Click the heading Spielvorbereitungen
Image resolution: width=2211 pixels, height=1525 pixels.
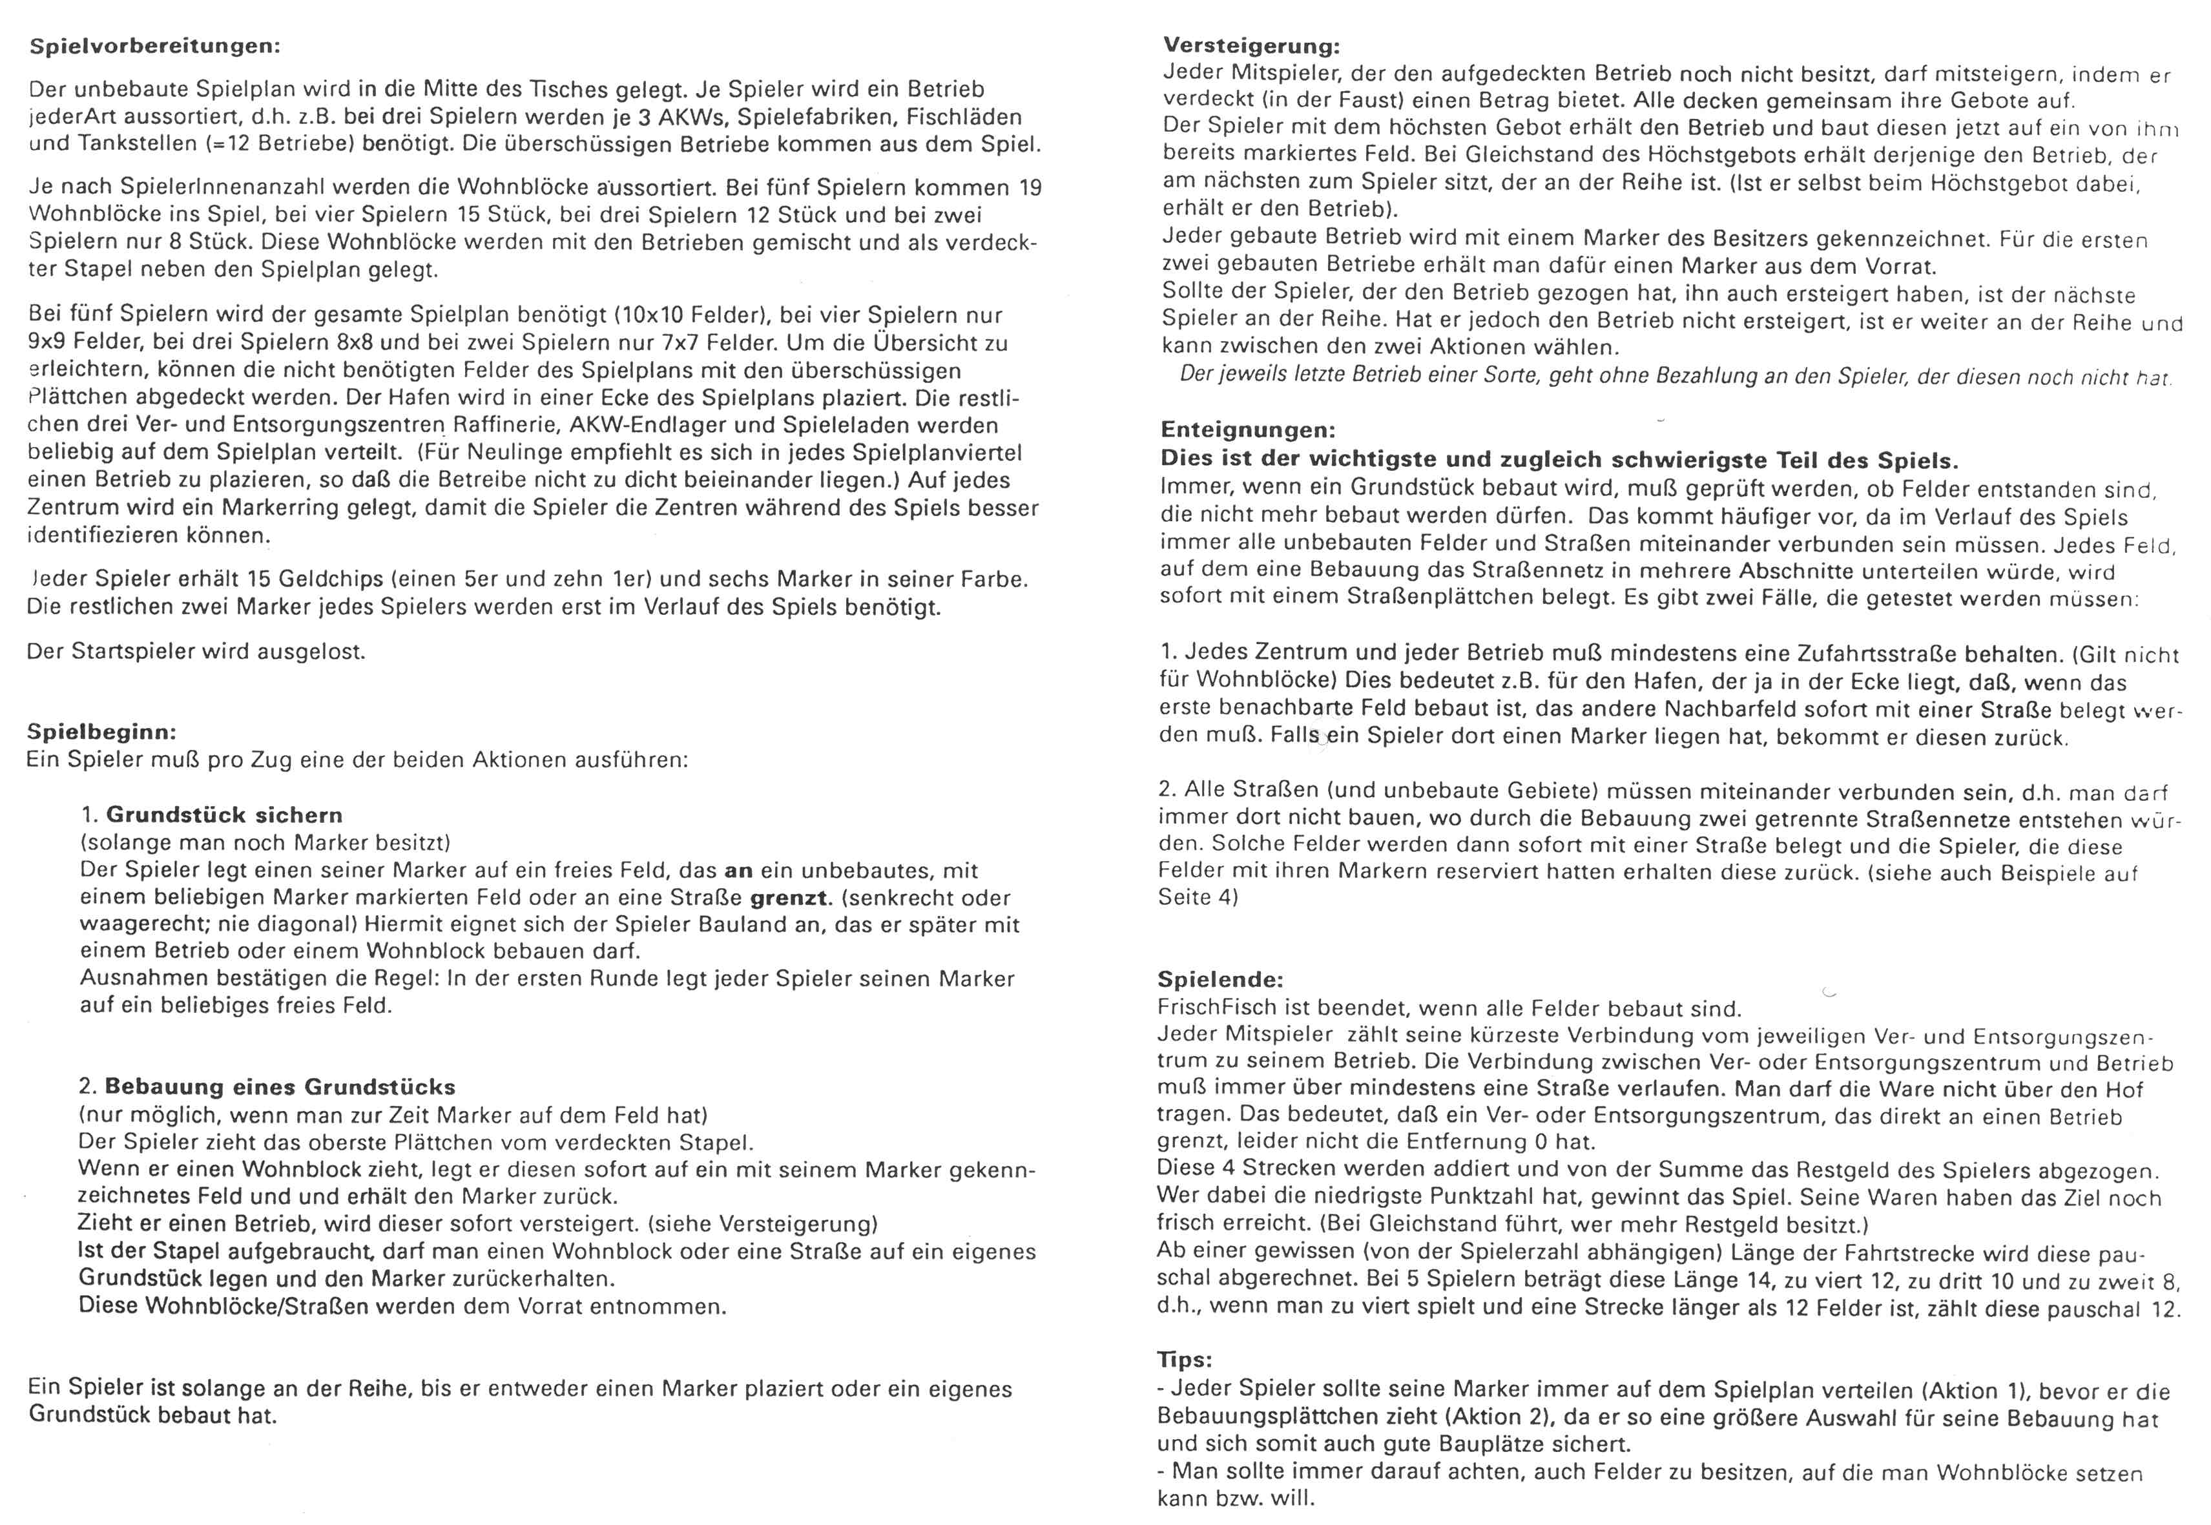click(155, 46)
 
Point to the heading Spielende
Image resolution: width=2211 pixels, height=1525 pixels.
click(1220, 979)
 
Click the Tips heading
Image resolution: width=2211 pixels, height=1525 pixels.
click(1184, 1360)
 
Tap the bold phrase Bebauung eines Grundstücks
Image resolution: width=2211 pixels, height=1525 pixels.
click(280, 1086)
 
